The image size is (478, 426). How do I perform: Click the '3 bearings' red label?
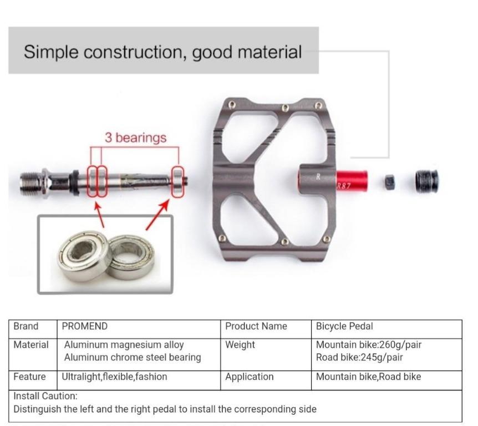pyautogui.click(x=136, y=138)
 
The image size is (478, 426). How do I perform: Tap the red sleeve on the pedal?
pyautogui.click(x=352, y=180)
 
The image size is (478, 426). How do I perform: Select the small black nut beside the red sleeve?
pyautogui.click(x=390, y=180)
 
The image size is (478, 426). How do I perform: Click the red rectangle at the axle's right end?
pyautogui.click(x=177, y=181)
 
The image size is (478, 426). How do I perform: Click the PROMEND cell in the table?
pyautogui.click(x=85, y=326)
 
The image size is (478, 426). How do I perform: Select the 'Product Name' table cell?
pyautogui.click(x=256, y=326)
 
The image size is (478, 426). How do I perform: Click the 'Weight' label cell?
pyautogui.click(x=240, y=344)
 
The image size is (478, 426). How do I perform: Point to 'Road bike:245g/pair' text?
pyautogui.click(x=359, y=357)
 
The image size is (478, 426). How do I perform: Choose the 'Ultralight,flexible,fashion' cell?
pyautogui.click(x=115, y=377)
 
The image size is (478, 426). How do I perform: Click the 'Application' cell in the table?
pyautogui.click(x=249, y=377)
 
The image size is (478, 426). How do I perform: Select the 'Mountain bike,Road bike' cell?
pyautogui.click(x=368, y=377)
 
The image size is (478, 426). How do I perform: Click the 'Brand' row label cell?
pyautogui.click(x=26, y=326)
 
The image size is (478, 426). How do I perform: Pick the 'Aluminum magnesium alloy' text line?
pyautogui.click(x=124, y=344)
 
